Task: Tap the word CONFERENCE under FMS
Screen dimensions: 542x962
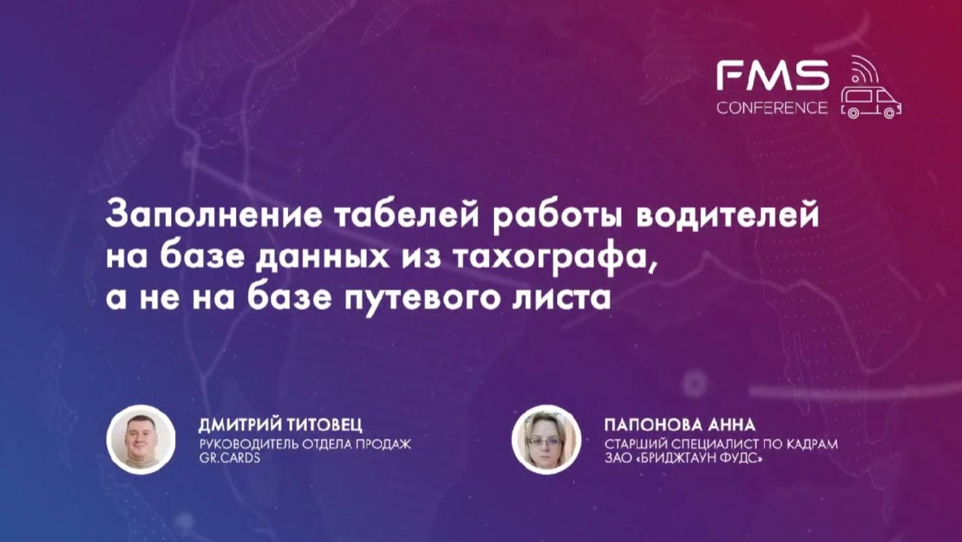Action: pos(772,108)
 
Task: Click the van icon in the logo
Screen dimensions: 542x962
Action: pos(871,103)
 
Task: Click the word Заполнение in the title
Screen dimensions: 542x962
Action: pos(213,216)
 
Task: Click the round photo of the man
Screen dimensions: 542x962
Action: pos(141,439)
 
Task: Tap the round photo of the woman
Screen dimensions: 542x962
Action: pos(546,439)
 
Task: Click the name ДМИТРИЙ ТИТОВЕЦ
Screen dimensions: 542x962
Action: pos(280,425)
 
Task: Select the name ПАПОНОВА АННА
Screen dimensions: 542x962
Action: pos(679,425)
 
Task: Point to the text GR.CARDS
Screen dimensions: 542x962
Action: pos(229,458)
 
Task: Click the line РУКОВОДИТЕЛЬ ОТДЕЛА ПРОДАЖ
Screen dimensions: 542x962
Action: pos(304,445)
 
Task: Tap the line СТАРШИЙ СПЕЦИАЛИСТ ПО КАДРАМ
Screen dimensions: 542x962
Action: pos(720,445)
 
